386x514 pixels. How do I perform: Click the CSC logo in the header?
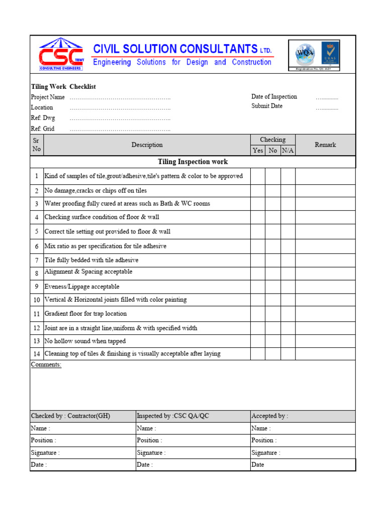pyautogui.click(x=61, y=55)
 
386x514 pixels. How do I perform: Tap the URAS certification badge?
pyautogui.click(x=330, y=53)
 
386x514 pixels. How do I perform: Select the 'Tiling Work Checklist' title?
pyautogui.click(x=63, y=87)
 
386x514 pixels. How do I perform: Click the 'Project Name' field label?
pyautogui.click(x=48, y=97)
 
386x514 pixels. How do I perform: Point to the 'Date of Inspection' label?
pyautogui.click(x=274, y=96)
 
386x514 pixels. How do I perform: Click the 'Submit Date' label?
pyautogui.click(x=267, y=106)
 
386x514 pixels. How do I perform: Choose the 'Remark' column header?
pyautogui.click(x=325, y=145)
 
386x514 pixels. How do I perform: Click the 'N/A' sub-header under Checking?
pyautogui.click(x=288, y=151)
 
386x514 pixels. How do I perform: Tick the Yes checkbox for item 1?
pyautogui.click(x=258, y=176)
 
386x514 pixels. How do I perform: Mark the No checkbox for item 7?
pyautogui.click(x=273, y=261)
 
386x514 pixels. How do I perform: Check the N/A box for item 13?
pyautogui.click(x=288, y=341)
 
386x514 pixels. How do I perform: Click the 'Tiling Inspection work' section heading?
pyautogui.click(x=192, y=162)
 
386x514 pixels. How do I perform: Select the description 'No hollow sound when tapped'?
pyautogui.click(x=85, y=341)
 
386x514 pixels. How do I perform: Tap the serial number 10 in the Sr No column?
pyautogui.click(x=37, y=300)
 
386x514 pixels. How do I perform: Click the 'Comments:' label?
pyautogui.click(x=46, y=364)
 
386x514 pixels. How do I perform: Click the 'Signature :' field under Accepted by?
pyautogui.click(x=266, y=453)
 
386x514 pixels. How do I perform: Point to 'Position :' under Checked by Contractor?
pyautogui.click(x=44, y=440)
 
